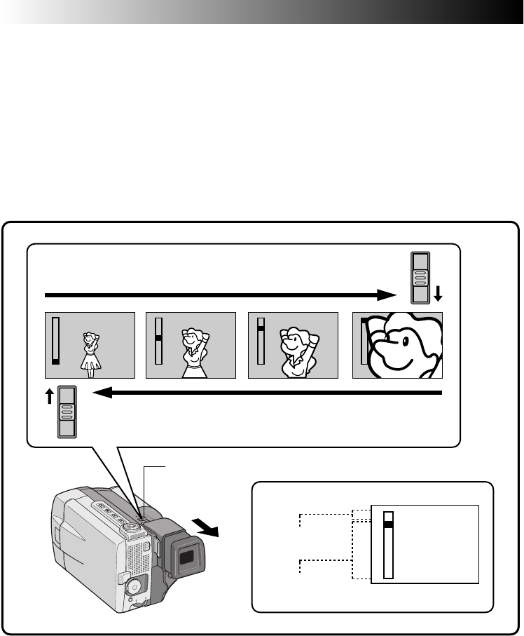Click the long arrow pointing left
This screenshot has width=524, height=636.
click(266, 393)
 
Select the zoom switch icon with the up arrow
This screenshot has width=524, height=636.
click(67, 412)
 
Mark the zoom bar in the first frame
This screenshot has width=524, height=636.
click(56, 340)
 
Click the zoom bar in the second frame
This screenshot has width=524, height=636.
click(158, 340)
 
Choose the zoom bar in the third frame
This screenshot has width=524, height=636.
click(261, 340)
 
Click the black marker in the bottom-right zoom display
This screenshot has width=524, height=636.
click(389, 522)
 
